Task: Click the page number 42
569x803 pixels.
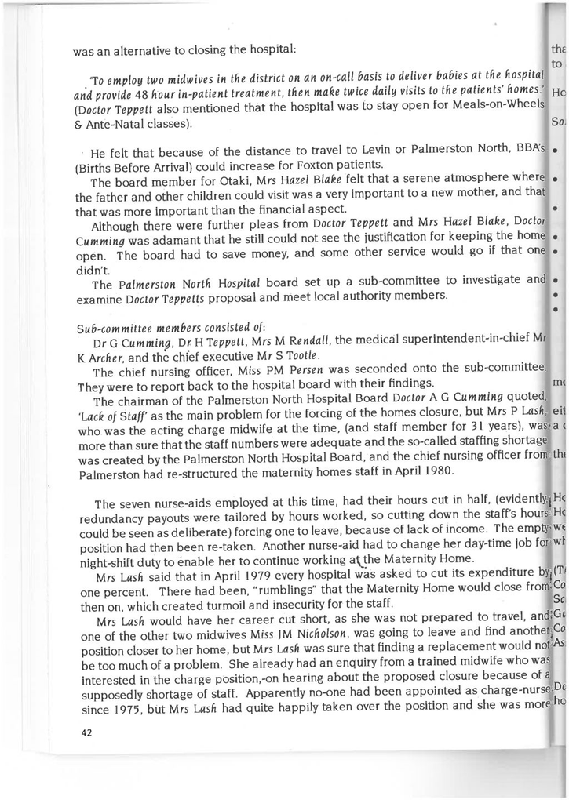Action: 86,732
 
